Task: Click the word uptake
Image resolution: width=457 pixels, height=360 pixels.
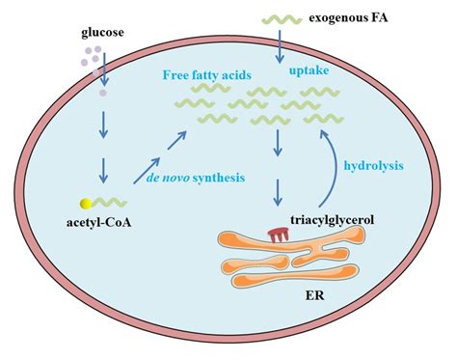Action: point(309,71)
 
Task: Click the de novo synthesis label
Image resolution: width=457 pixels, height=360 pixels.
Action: point(192,177)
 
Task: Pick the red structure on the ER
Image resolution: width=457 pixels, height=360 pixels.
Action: point(279,235)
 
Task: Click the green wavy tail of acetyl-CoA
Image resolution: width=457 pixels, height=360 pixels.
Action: point(107,204)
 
